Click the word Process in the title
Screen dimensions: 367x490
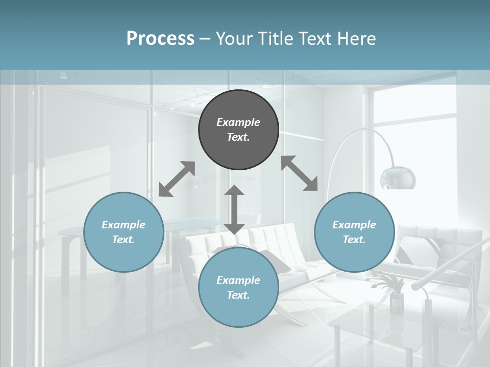[x=160, y=39]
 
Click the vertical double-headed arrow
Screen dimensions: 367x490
[x=234, y=209]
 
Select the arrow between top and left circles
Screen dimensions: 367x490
[x=177, y=179]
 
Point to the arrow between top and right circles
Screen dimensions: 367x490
[x=299, y=173]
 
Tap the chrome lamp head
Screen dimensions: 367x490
[x=398, y=178]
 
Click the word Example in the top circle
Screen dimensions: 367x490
[x=238, y=122]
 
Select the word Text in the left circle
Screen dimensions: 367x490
[x=124, y=240]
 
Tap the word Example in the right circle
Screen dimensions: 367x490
[x=354, y=225]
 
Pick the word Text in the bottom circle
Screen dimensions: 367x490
[x=238, y=295]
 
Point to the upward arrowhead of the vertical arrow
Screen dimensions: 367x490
[x=234, y=190]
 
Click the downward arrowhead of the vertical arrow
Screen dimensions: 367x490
[x=234, y=229]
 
